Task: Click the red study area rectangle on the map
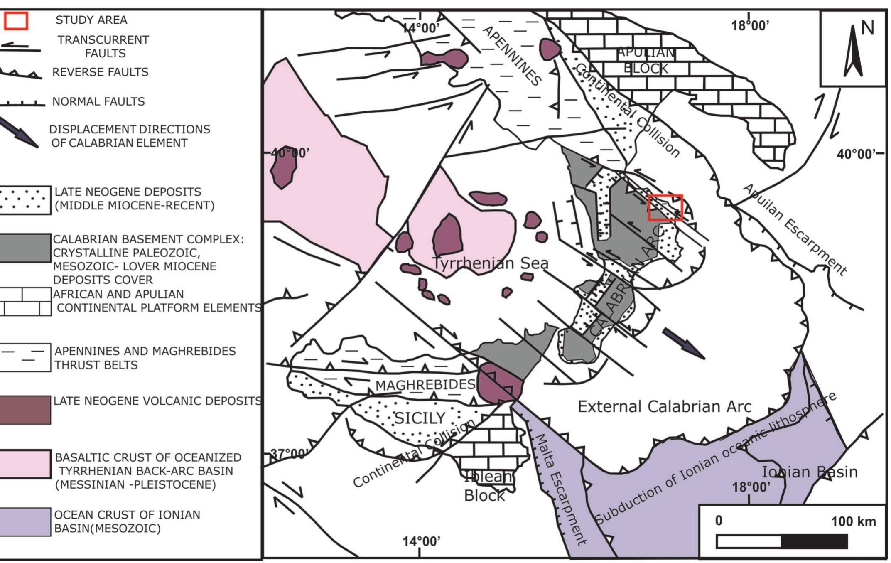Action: (x=665, y=207)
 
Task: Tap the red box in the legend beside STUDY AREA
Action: (x=16, y=21)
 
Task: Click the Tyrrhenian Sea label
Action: (x=490, y=263)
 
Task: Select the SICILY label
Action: (x=420, y=418)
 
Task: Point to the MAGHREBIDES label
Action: (x=425, y=385)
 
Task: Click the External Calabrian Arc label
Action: (x=665, y=406)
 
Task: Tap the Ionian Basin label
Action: (x=809, y=472)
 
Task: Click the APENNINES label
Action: (x=513, y=56)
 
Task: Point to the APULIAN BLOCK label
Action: (x=646, y=61)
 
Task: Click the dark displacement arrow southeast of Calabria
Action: (x=683, y=343)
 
